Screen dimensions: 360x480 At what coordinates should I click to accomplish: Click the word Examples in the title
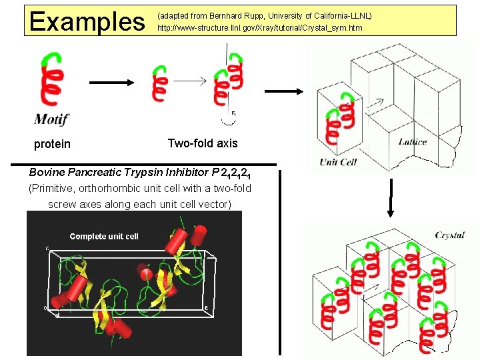[x=87, y=21]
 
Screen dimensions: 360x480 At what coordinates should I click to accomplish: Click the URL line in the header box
[x=259, y=28]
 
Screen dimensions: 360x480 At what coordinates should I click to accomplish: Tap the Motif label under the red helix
[x=51, y=120]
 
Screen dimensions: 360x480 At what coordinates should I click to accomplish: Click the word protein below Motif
[x=52, y=144]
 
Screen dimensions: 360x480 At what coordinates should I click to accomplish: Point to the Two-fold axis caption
[x=202, y=143]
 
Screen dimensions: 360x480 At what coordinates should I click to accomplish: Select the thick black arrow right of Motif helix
[x=111, y=83]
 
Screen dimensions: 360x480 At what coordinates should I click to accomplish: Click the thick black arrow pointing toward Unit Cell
[x=285, y=91]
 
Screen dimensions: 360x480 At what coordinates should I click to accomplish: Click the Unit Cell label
[x=338, y=162]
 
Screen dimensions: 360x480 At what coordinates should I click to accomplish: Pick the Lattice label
[x=413, y=141]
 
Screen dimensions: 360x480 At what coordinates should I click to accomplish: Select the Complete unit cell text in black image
[x=104, y=236]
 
